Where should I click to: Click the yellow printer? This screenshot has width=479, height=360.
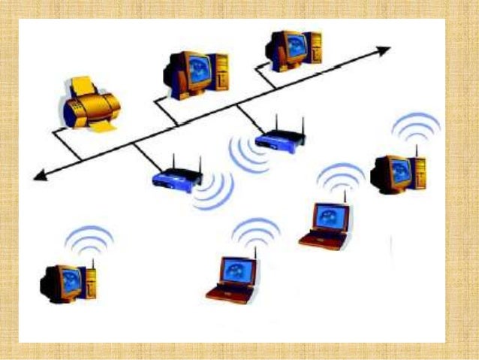click(x=89, y=103)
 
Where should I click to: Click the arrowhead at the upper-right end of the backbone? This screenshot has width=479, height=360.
click(x=384, y=50)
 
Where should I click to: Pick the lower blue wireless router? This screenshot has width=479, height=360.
click(x=177, y=179)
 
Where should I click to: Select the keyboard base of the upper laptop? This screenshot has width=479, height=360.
click(x=323, y=240)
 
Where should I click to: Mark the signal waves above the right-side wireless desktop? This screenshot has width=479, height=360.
click(x=416, y=128)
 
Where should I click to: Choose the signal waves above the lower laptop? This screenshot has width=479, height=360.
click(x=255, y=231)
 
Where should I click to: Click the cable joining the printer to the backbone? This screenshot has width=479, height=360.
click(x=67, y=142)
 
